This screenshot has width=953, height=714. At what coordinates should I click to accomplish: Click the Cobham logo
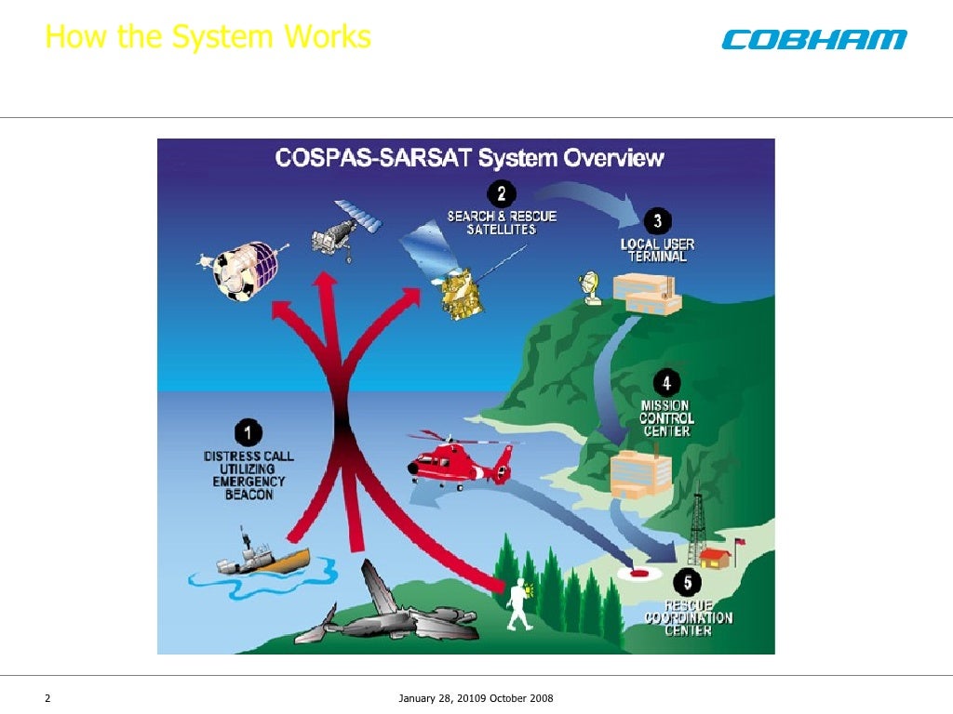(812, 39)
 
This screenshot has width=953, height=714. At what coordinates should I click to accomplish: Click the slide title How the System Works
(208, 37)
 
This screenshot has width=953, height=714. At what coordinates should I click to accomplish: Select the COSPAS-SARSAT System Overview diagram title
(469, 158)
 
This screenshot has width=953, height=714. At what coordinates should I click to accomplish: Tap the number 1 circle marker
(248, 432)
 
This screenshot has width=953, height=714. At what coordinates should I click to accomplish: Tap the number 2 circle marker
(502, 193)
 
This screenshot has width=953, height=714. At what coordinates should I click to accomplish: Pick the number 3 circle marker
(657, 221)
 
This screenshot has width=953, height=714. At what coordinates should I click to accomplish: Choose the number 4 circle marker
(665, 383)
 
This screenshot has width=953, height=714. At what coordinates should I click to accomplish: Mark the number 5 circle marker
(688, 583)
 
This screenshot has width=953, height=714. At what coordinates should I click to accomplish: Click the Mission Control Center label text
(665, 418)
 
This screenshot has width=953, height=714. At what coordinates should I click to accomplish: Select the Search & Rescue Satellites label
(502, 222)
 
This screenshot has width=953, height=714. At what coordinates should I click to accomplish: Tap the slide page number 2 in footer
(47, 698)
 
